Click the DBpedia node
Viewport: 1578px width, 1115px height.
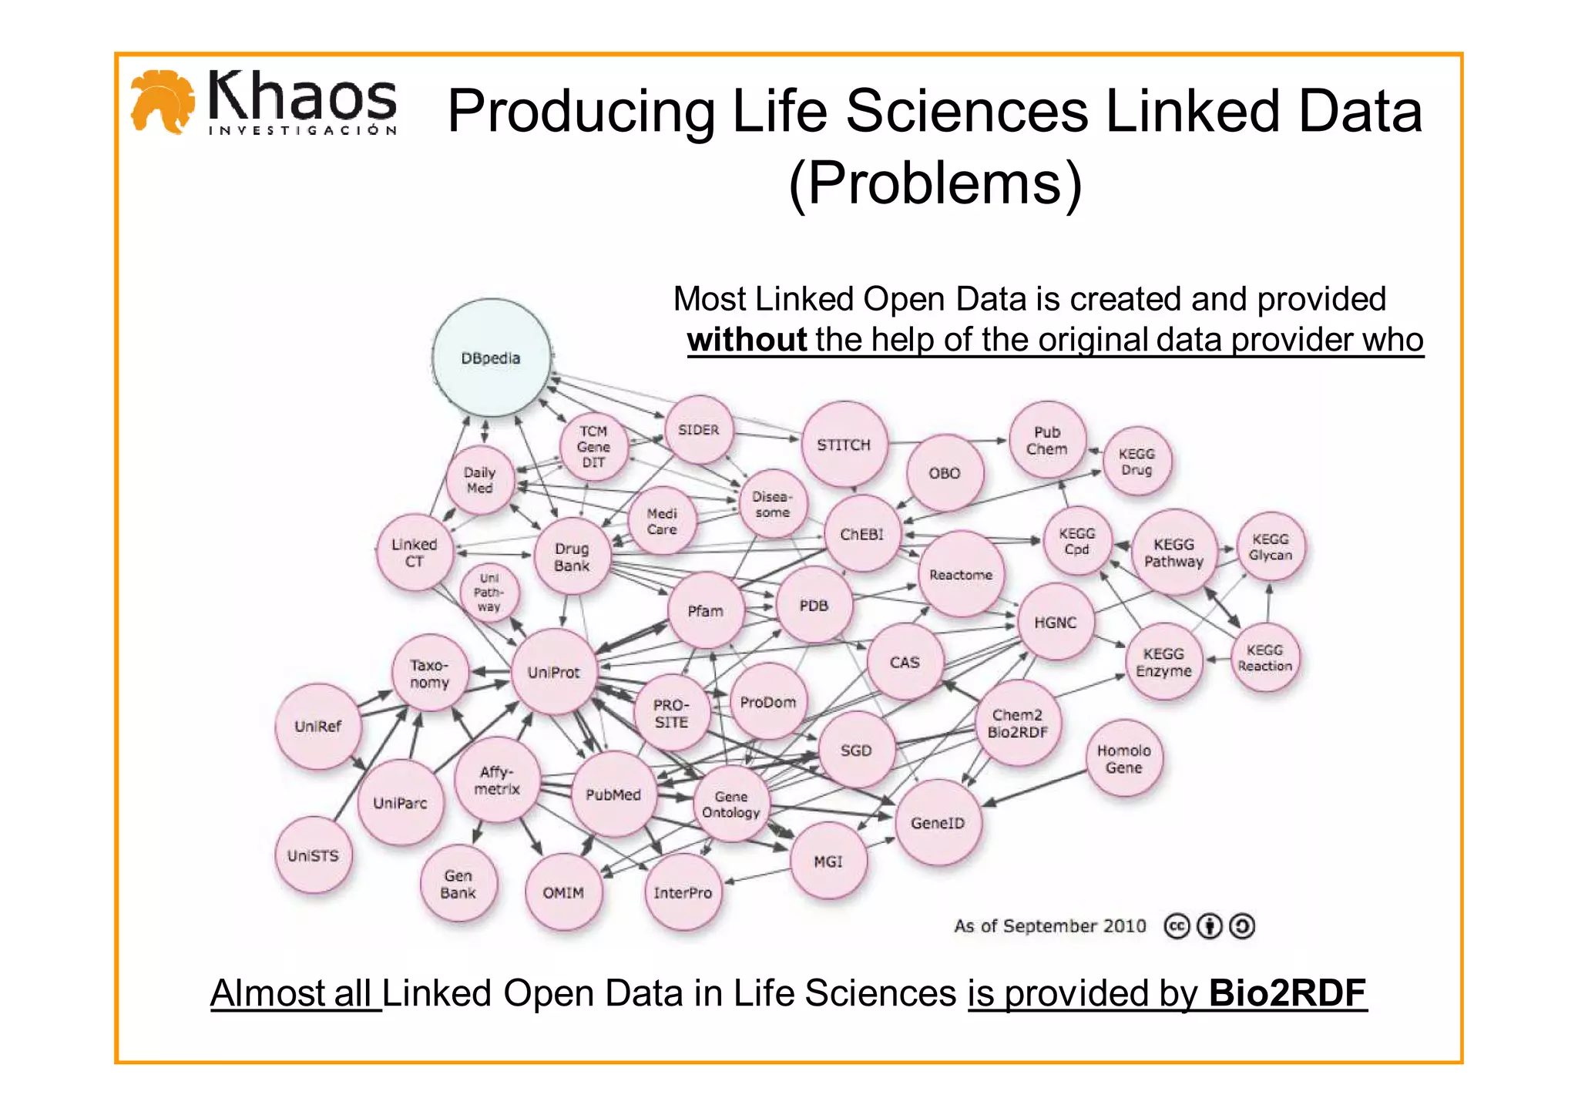[492, 358]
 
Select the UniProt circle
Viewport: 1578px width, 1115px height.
[553, 672]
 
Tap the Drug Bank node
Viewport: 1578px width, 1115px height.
[572, 556]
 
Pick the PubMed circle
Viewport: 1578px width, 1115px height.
[613, 794]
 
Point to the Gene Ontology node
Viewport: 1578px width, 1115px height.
[730, 804]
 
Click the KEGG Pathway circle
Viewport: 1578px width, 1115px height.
[1173, 552]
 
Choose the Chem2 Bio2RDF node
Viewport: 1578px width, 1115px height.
[1017, 723]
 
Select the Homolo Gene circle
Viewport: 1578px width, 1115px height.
[1123, 758]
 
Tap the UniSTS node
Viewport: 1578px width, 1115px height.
[313, 855]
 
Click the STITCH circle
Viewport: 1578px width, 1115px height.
[844, 445]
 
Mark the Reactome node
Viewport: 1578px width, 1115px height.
[961, 574]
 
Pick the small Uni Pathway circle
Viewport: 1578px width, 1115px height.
[489, 592]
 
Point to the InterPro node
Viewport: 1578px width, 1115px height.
[683, 892]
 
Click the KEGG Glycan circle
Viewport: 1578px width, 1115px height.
[1270, 546]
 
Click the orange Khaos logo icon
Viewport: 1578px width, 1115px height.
[162, 102]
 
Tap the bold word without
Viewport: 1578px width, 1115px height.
[747, 340]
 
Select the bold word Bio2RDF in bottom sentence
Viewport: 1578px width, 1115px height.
[1287, 992]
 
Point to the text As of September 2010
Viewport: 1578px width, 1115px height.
[1049, 925]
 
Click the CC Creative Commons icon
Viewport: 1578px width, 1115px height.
[1177, 925]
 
